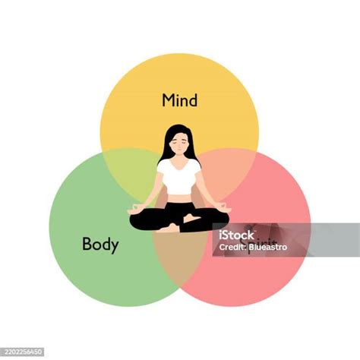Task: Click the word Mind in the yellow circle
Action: click(180, 100)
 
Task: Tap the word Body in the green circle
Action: click(100, 245)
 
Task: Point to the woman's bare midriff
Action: click(179, 197)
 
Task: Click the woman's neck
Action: click(179, 157)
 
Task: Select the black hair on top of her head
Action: click(179, 130)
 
